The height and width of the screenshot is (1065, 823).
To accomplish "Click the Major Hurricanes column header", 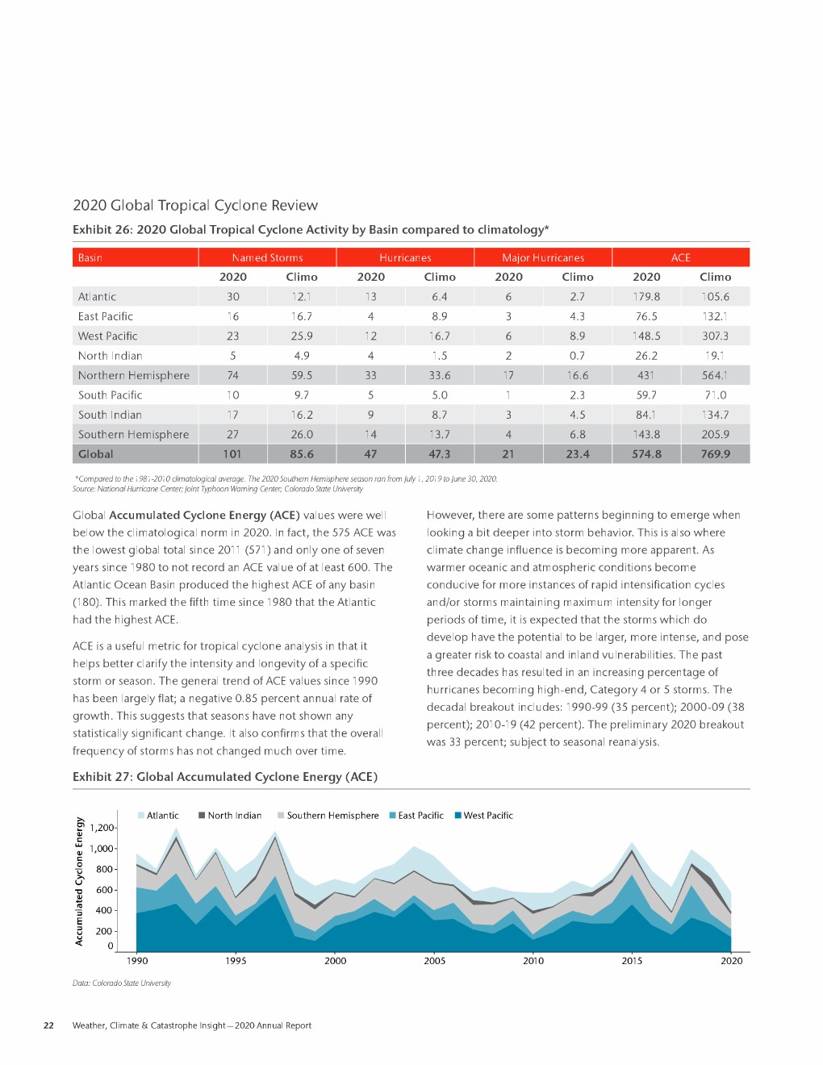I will pyautogui.click(x=543, y=257).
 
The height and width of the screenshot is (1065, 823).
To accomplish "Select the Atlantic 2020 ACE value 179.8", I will pyautogui.click(x=646, y=297).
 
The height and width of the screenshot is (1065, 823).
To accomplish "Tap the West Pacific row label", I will pyautogui.click(x=107, y=336).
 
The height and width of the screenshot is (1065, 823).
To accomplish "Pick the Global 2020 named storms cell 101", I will pyautogui.click(x=232, y=454).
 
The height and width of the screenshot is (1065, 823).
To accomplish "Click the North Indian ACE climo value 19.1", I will pyautogui.click(x=714, y=356).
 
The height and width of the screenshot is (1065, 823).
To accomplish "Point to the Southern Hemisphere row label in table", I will pyautogui.click(x=133, y=434).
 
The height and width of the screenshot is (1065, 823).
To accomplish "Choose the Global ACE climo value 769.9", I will pyautogui.click(x=715, y=454).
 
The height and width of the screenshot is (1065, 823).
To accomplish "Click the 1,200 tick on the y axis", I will pyautogui.click(x=102, y=828).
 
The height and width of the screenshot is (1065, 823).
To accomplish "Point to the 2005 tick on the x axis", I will pyautogui.click(x=434, y=960).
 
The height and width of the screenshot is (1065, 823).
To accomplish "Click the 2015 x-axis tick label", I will pyautogui.click(x=632, y=960).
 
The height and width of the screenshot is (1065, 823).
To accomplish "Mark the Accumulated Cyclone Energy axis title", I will pyautogui.click(x=79, y=881).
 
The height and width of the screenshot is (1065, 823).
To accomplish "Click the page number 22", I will pyautogui.click(x=48, y=1025).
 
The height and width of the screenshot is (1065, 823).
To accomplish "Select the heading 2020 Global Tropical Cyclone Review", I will pyautogui.click(x=195, y=205).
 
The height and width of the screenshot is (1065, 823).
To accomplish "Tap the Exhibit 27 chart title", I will pyautogui.click(x=225, y=776).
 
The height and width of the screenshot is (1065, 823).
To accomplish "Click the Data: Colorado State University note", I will pyautogui.click(x=122, y=983).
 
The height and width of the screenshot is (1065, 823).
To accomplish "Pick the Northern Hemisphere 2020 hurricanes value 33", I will pyautogui.click(x=370, y=375).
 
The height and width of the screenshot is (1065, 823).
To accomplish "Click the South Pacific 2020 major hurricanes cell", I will pyautogui.click(x=508, y=395).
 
